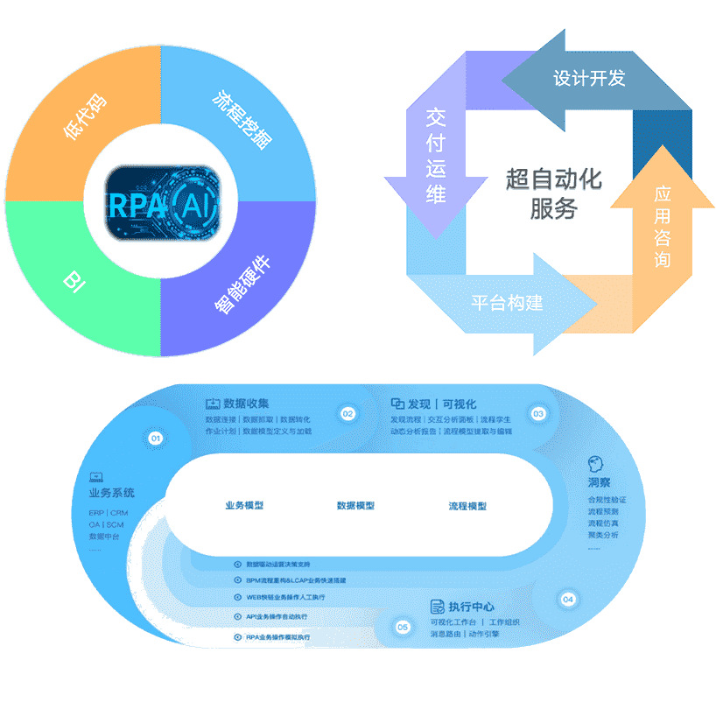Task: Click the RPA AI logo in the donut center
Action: pos(160,202)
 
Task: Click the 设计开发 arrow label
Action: pos(589,78)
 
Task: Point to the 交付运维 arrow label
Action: pos(436,155)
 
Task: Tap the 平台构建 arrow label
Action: pos(508,303)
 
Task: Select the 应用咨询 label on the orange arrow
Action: pos(663,226)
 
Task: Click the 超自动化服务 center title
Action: pos(554,193)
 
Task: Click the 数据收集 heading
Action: pos(246,404)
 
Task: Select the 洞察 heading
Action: pos(600,482)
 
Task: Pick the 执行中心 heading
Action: pos(471,607)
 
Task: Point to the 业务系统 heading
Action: pos(111,494)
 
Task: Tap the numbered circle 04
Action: pos(568,600)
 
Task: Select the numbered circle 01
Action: pos(156,437)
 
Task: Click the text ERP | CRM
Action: pos(108,513)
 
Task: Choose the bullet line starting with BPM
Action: pos(295,580)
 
